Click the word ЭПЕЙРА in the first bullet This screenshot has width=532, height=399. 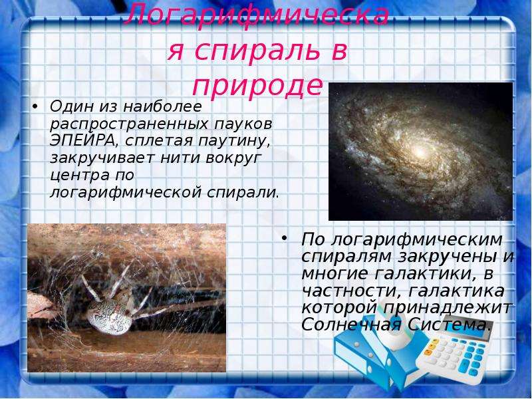[x=82, y=141]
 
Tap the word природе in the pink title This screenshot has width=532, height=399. [x=257, y=86]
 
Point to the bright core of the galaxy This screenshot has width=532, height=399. [x=420, y=152]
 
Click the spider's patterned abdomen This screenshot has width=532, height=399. [x=108, y=317]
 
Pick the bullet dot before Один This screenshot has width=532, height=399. [x=35, y=107]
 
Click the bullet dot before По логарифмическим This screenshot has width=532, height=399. [x=285, y=238]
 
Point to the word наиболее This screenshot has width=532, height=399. [x=162, y=107]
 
